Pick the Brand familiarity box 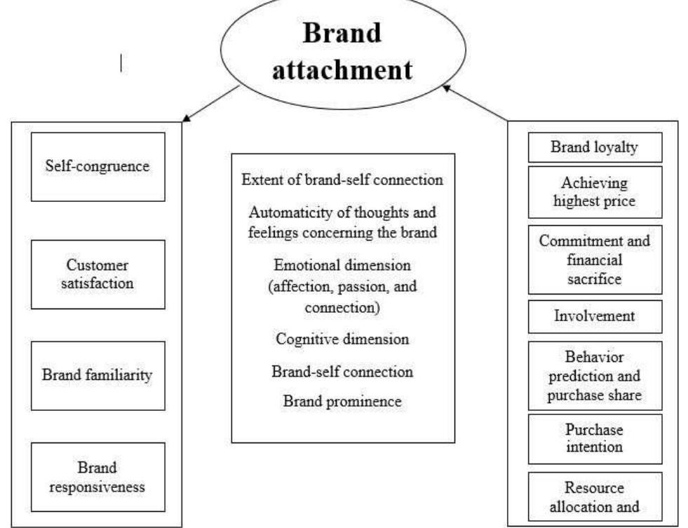(97, 375)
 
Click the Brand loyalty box (595, 147)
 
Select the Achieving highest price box (595, 191)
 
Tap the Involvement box (595, 316)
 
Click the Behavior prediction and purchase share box (595, 376)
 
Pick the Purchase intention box (595, 438)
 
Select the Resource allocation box (595, 496)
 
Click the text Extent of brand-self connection (342, 180)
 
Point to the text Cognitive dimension (342, 339)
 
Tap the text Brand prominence (342, 401)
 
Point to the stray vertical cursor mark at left (123, 65)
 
